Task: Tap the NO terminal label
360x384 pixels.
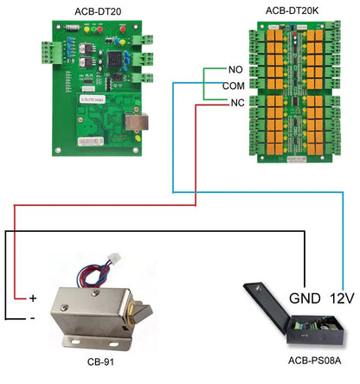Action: [x=235, y=69]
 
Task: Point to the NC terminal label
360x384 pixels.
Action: [x=235, y=103]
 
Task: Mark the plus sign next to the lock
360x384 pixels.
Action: [x=33, y=298]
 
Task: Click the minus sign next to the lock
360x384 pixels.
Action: [x=33, y=317]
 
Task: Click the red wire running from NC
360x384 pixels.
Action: [x=197, y=156]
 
